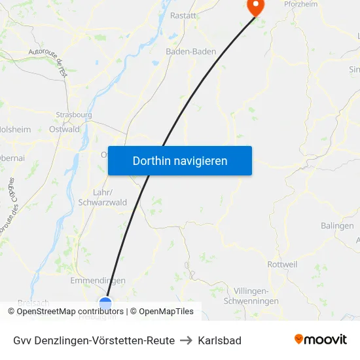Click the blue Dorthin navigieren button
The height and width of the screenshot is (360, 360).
tap(179, 160)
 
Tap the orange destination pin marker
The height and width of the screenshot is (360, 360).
tap(254, 7)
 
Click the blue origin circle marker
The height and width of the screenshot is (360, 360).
tap(105, 304)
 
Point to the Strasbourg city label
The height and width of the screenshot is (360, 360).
tap(73, 115)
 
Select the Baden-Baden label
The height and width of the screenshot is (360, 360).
tap(190, 51)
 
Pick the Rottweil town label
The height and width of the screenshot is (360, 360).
tap(283, 264)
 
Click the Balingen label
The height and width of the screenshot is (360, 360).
tap(337, 226)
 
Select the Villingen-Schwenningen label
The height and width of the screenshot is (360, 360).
tap(256, 296)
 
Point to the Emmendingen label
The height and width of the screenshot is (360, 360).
tap(98, 281)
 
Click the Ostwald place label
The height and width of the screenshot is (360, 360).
tap(64, 130)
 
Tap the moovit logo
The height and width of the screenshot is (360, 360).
tap(320, 339)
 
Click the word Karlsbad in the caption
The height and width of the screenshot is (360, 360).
tap(219, 340)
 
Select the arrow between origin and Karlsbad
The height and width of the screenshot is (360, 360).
tap(186, 340)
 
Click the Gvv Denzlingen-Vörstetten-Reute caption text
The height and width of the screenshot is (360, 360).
tap(94, 340)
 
